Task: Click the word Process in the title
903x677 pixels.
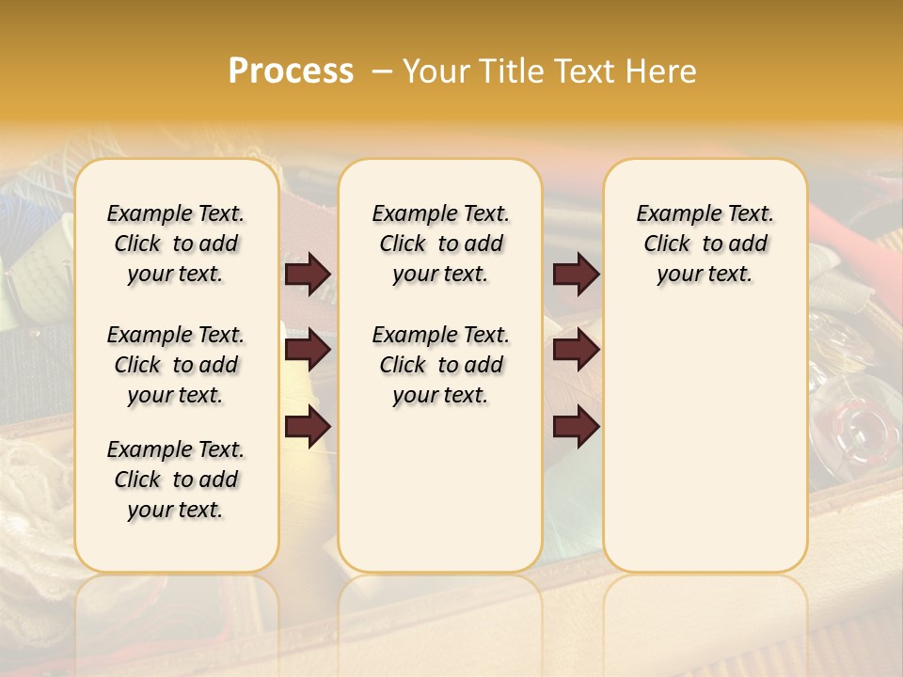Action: click(291, 71)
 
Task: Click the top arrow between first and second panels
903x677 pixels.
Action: click(308, 274)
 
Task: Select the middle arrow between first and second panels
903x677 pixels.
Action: click(308, 350)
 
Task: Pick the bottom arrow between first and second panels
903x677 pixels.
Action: click(308, 427)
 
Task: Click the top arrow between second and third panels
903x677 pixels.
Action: click(576, 274)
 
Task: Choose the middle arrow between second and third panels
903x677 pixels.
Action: click(576, 350)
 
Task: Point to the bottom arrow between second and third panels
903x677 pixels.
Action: click(576, 427)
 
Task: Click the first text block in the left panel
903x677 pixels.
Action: click(176, 244)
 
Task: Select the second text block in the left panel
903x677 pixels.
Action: click(176, 365)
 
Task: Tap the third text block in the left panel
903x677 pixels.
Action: click(176, 480)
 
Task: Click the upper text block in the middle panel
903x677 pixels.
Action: click(440, 244)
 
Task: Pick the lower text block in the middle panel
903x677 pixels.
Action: click(440, 365)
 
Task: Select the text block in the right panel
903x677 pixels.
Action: click(705, 244)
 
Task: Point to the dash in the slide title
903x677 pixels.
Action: click(381, 71)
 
